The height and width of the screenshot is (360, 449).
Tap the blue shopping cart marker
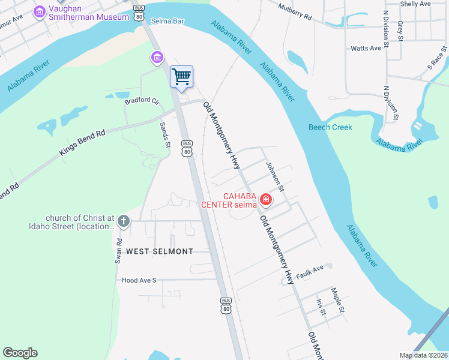click(x=181, y=77)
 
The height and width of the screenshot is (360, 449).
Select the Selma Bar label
click(x=167, y=21)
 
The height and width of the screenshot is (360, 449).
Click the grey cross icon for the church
click(x=123, y=221)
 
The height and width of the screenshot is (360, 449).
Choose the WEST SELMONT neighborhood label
click(x=159, y=251)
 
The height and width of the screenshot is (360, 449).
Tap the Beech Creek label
click(x=330, y=127)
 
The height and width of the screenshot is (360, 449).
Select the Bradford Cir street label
click(x=141, y=101)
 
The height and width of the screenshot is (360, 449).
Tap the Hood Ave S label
click(x=139, y=280)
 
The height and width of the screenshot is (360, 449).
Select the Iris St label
click(x=322, y=307)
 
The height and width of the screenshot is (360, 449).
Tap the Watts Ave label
click(x=366, y=48)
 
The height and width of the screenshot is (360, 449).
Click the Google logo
click(x=20, y=353)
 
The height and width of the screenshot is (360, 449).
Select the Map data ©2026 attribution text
click(x=423, y=355)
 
